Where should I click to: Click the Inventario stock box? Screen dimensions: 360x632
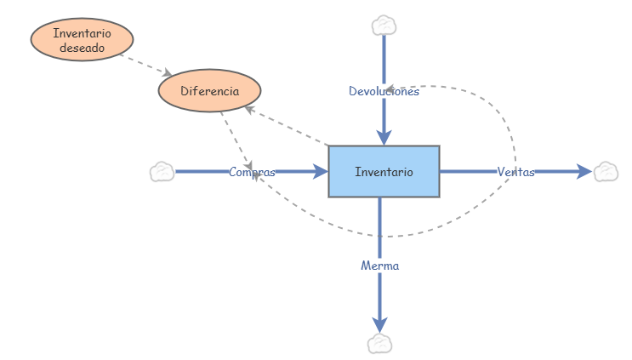pyautogui.click(x=384, y=172)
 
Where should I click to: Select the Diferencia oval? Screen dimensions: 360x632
pyautogui.click(x=209, y=90)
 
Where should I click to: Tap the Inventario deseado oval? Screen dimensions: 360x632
pyautogui.click(x=83, y=40)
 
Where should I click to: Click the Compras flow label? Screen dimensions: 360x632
pyautogui.click(x=252, y=172)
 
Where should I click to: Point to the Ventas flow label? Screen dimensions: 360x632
pyautogui.click(x=516, y=172)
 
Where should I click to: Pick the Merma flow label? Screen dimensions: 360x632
pyautogui.click(x=379, y=266)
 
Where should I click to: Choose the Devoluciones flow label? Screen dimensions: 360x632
pyautogui.click(x=384, y=92)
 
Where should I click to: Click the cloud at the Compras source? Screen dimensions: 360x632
pyautogui.click(x=162, y=172)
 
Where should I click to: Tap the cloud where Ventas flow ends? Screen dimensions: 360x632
pyautogui.click(x=606, y=172)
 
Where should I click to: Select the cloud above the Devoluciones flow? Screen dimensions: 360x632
pyautogui.click(x=384, y=25)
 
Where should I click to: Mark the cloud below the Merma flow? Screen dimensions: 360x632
pyautogui.click(x=379, y=344)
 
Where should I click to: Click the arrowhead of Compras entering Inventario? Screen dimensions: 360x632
pyautogui.click(x=321, y=172)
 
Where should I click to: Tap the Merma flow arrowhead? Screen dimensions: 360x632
pyautogui.click(x=379, y=324)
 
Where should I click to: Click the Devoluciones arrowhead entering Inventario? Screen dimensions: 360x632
pyautogui.click(x=384, y=138)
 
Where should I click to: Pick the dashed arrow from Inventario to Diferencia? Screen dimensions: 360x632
pyautogui.click(x=286, y=125)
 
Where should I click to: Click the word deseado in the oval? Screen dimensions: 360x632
pyautogui.click(x=83, y=48)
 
